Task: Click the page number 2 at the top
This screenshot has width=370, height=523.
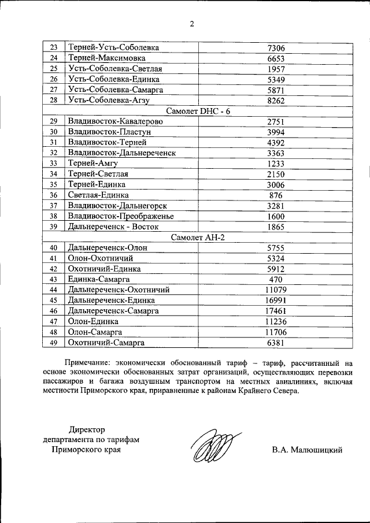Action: (x=191, y=24)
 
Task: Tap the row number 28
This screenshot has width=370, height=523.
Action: (x=54, y=100)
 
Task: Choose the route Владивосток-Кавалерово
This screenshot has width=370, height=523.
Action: (x=115, y=121)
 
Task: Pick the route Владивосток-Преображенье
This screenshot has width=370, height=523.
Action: (x=121, y=216)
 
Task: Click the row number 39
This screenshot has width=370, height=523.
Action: (x=54, y=227)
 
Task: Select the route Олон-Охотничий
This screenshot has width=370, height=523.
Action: (x=101, y=258)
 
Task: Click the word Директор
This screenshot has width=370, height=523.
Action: (x=88, y=429)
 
